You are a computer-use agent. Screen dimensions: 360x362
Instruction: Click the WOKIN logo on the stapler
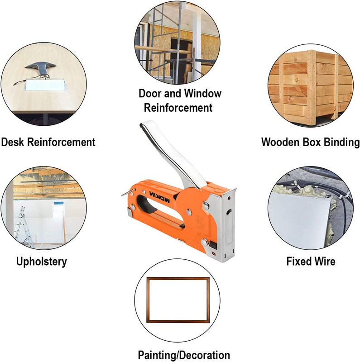(159, 197)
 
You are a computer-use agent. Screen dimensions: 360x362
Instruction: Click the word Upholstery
(41, 262)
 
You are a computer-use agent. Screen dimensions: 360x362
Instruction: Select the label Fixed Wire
(311, 262)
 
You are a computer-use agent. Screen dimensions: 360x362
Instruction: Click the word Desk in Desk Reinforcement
(13, 142)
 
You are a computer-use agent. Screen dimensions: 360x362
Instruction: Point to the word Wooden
(280, 142)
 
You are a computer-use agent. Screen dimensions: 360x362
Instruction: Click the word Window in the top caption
(203, 94)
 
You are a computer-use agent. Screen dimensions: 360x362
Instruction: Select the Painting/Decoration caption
(184, 355)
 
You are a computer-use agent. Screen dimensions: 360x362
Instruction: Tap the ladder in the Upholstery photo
(23, 226)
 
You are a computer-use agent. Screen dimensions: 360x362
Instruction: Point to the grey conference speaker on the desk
(40, 67)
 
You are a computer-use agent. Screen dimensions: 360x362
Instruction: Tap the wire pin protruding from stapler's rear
(129, 192)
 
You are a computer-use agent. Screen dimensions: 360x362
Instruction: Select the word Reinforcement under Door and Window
(178, 108)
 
